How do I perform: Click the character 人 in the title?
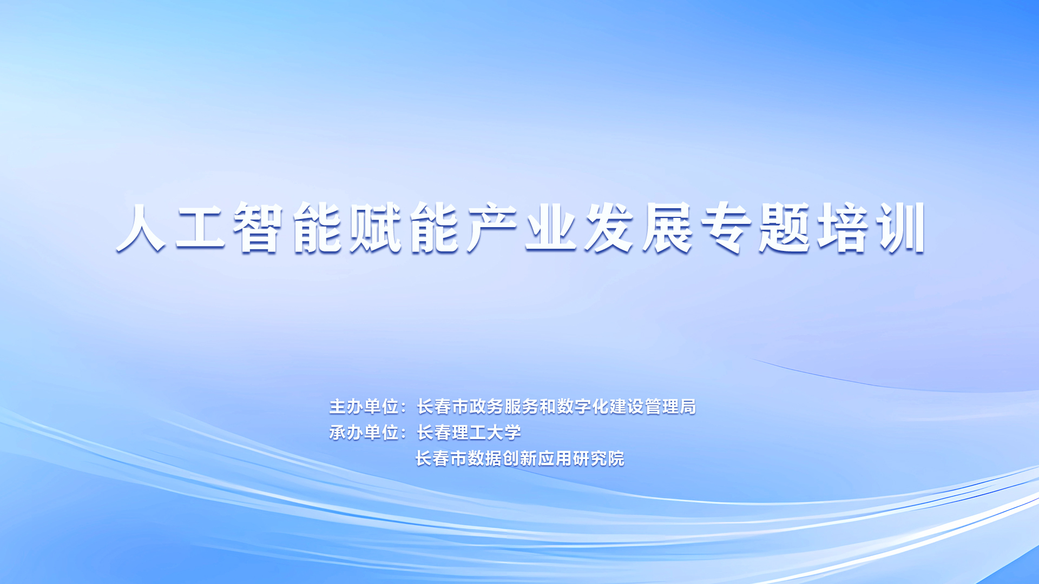(x=141, y=227)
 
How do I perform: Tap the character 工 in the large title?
(x=200, y=227)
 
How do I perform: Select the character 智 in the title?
(x=259, y=227)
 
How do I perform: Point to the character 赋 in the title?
(x=376, y=227)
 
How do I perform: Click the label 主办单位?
(x=364, y=407)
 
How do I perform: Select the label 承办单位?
(x=364, y=433)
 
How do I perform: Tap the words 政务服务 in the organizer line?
(x=504, y=407)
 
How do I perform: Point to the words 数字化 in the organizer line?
(x=583, y=407)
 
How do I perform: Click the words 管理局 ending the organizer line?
(x=670, y=407)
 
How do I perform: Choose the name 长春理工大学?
(x=469, y=433)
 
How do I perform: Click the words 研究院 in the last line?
(x=599, y=459)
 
